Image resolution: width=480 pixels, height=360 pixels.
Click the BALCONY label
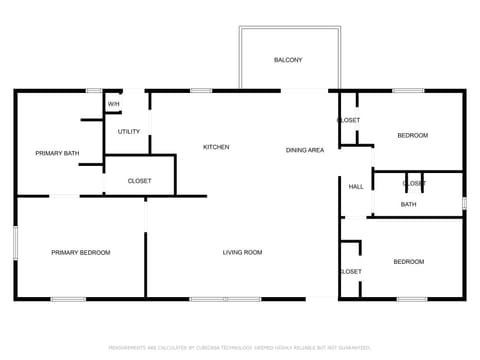288,60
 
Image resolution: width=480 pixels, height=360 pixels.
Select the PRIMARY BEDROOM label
81,252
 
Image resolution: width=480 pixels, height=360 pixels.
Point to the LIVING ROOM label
242,252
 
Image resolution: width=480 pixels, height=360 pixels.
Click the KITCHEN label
216,147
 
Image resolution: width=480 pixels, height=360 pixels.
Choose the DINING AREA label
305,150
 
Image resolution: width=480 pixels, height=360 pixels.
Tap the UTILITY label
129,131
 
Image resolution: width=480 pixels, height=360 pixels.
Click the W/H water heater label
114,103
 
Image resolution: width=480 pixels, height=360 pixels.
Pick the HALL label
356,186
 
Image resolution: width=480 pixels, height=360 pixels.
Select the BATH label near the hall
408,205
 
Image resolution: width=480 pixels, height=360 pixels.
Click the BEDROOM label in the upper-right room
412,135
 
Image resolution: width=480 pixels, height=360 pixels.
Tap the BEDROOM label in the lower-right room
408,262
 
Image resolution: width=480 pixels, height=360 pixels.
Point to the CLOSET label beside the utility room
140,181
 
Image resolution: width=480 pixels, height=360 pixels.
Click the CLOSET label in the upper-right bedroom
349,120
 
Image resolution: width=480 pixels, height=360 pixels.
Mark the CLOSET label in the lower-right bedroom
351,271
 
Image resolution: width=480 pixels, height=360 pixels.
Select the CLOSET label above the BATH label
413,184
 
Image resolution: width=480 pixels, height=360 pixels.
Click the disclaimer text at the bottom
240,347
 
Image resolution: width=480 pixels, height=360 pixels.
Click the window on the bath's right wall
464,203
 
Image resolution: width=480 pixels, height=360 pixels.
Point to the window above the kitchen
200,91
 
